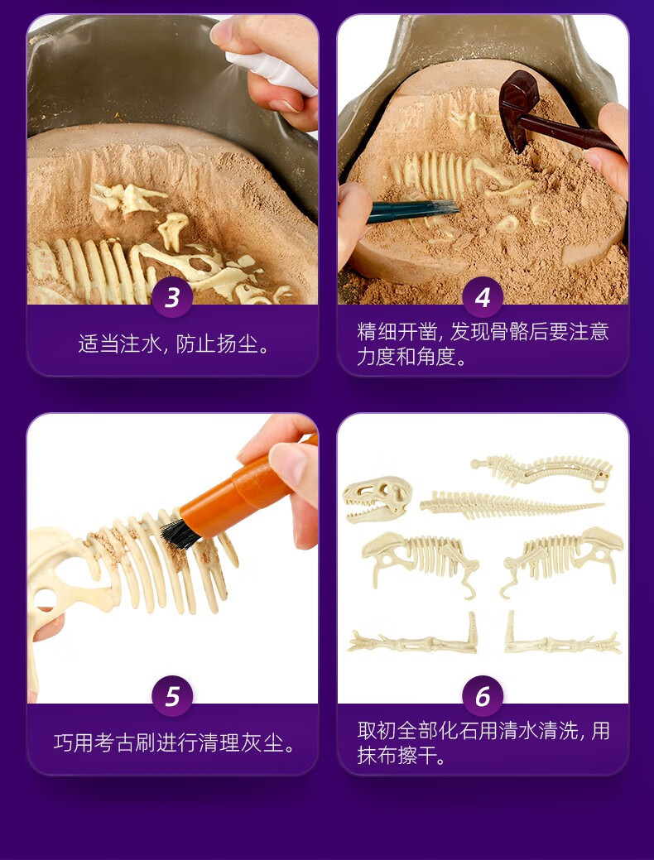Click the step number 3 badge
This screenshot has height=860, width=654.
[x=172, y=296]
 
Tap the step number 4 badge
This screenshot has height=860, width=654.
[x=483, y=296]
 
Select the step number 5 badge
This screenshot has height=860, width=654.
[x=172, y=695]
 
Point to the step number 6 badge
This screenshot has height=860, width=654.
[x=483, y=695]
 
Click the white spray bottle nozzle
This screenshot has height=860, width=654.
[x=272, y=70]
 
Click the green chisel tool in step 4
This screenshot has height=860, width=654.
[x=412, y=210]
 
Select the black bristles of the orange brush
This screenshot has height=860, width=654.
[x=180, y=534]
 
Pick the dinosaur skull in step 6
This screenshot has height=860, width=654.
[x=377, y=498]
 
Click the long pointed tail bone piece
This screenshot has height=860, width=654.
[x=510, y=505]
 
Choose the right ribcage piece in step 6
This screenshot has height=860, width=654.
[x=562, y=559]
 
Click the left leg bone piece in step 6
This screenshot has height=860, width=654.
[x=413, y=639]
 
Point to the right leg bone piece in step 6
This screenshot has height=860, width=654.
[x=562, y=638]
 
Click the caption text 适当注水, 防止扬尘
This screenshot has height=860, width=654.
[x=174, y=344]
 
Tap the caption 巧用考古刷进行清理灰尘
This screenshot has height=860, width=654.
[x=174, y=742]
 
